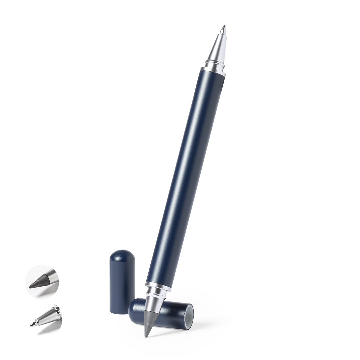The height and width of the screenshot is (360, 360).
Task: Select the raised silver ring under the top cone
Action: [x=214, y=62]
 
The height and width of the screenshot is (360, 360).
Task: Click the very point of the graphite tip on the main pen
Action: [x=146, y=336]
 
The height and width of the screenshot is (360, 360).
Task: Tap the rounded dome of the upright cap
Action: [x=122, y=255]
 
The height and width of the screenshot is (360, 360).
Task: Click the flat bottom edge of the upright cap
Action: [x=122, y=312]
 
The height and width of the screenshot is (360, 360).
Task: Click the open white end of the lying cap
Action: [x=189, y=315]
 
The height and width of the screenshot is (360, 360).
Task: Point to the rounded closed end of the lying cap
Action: [x=132, y=307]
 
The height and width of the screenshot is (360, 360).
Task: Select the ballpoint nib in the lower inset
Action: [x=32, y=324]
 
